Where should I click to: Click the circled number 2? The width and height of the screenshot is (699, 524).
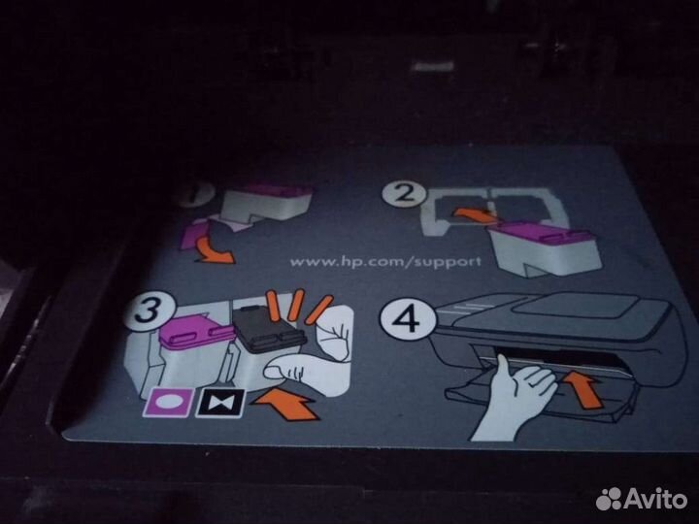coord(404,193)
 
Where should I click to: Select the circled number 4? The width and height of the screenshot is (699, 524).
coord(407,319)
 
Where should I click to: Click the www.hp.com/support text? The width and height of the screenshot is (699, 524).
coord(385,262)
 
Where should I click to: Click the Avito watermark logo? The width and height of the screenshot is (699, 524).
coord(641,499)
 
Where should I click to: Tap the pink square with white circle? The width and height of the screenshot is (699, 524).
coord(168,402)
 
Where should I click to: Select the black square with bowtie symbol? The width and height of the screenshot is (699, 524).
coord(220,404)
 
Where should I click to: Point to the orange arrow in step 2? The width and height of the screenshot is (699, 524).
coord(474,215)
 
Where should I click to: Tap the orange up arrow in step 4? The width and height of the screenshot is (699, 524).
coord(585,390)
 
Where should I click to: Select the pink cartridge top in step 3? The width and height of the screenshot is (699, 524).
coord(196,330)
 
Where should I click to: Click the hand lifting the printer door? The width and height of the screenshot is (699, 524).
coord(513,398)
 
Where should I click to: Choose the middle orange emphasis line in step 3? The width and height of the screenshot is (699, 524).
coord(296,305)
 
